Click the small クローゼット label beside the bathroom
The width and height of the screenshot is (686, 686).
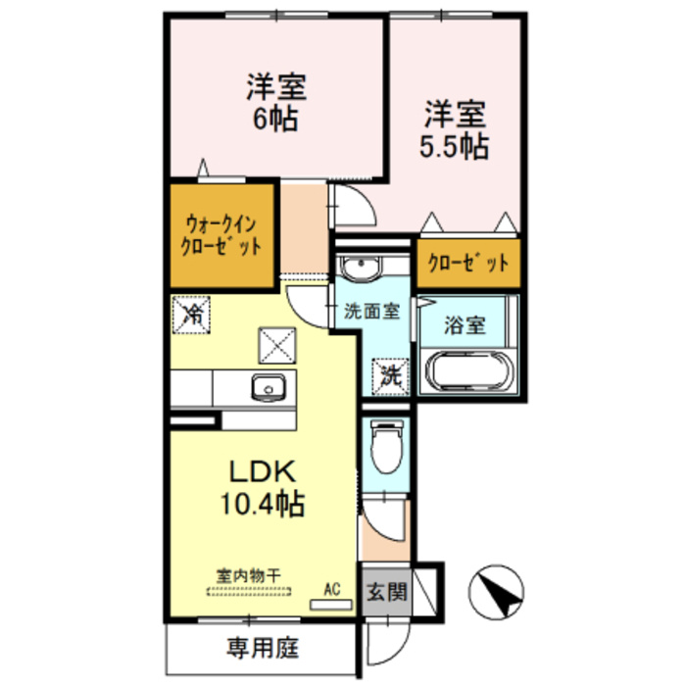467,263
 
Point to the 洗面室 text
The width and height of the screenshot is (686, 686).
371,313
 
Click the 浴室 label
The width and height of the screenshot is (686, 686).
465,326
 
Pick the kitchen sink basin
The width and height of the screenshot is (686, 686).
267,388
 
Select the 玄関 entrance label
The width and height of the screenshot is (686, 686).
380,593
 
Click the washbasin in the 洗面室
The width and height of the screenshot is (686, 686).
364,267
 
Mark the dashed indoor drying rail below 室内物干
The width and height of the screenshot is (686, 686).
250,591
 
